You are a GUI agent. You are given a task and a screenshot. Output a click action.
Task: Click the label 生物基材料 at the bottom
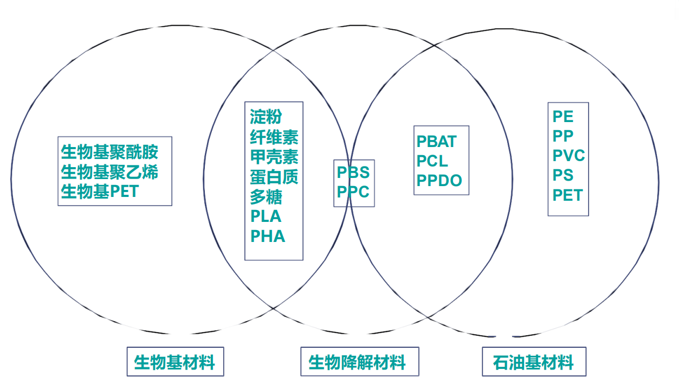tap(175, 362)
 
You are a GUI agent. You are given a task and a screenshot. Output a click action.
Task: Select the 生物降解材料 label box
tap(359, 362)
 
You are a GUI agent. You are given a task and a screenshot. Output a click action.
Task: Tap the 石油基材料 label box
tap(533, 362)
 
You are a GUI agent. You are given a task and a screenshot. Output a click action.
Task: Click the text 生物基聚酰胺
tap(109, 151)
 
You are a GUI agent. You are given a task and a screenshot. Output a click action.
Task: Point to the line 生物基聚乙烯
tap(109, 171)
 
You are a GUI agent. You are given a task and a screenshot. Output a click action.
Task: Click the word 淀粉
tap(266, 117)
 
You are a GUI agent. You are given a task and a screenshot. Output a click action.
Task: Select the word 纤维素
tap(274, 137)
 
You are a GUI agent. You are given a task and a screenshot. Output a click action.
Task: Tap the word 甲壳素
tap(274, 157)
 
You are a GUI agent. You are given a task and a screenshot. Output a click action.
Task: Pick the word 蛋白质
tap(274, 176)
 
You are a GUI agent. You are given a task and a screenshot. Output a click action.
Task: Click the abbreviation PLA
tap(266, 216)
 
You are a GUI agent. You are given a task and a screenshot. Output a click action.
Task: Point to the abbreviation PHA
tap(267, 236)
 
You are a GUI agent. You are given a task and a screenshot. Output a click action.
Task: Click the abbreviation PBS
tap(353, 173)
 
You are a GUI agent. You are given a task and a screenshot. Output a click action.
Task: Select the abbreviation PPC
tap(353, 192)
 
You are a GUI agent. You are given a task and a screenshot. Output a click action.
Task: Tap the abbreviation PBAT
tap(437, 142)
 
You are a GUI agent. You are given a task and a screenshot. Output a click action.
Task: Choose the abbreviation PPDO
tap(439, 181)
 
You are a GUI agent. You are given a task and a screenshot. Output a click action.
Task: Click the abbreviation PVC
tap(568, 156)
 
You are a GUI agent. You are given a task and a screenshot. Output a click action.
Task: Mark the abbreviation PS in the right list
tap(562, 175)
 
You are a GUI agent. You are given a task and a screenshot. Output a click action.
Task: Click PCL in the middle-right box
tap(432, 161)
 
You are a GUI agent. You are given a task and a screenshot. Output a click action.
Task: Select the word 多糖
tap(266, 196)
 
